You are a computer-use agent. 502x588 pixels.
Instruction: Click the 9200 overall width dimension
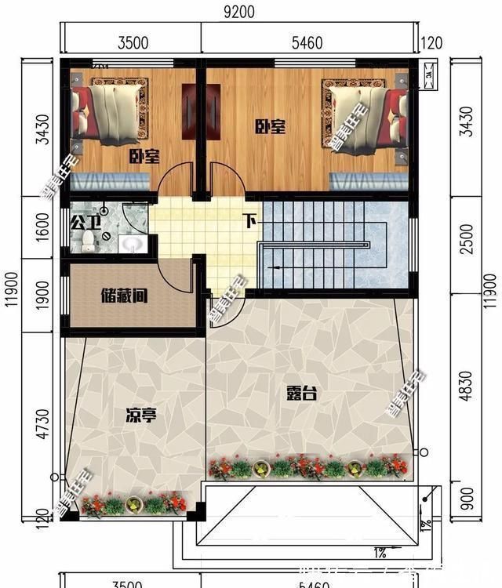pos(238,13)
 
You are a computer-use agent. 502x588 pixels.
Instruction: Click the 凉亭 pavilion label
pos(140,415)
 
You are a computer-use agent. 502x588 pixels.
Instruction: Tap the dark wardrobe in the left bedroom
pos(191,110)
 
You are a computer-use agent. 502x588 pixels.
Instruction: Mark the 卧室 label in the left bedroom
pos(144,157)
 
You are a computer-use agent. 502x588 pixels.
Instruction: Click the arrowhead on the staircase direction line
pos(271,268)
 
